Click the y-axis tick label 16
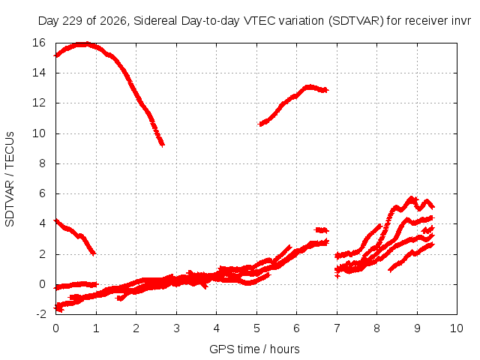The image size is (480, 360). click(39, 43)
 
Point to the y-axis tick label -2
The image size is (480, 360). click(41, 314)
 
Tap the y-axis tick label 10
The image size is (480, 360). click(39, 133)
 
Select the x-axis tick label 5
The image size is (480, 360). click(256, 328)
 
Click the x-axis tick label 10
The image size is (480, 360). click(457, 328)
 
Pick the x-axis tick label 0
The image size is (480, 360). click(55, 328)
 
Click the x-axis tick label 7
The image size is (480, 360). click(337, 328)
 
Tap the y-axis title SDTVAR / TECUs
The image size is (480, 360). click(10, 179)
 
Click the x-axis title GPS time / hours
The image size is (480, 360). click(254, 349)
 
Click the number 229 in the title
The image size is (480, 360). click(73, 21)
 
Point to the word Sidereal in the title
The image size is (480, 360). click(155, 21)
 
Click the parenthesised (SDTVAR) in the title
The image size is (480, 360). click(355, 21)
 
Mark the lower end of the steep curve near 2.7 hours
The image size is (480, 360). click(163, 145)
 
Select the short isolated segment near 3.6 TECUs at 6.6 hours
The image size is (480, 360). click(322, 230)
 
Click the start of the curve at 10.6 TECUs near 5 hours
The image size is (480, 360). click(261, 124)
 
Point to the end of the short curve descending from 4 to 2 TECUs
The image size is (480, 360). click(94, 253)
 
